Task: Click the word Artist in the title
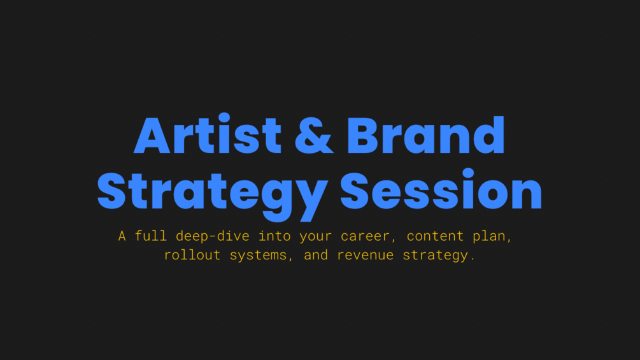point(208,134)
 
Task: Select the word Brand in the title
point(426,134)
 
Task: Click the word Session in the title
point(441,189)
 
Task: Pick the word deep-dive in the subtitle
point(212,236)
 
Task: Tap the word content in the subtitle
point(435,236)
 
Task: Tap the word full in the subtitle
point(151,236)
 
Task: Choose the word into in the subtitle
point(274,236)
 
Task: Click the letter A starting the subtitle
point(122,236)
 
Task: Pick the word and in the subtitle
point(315,255)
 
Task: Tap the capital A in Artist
point(152,135)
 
